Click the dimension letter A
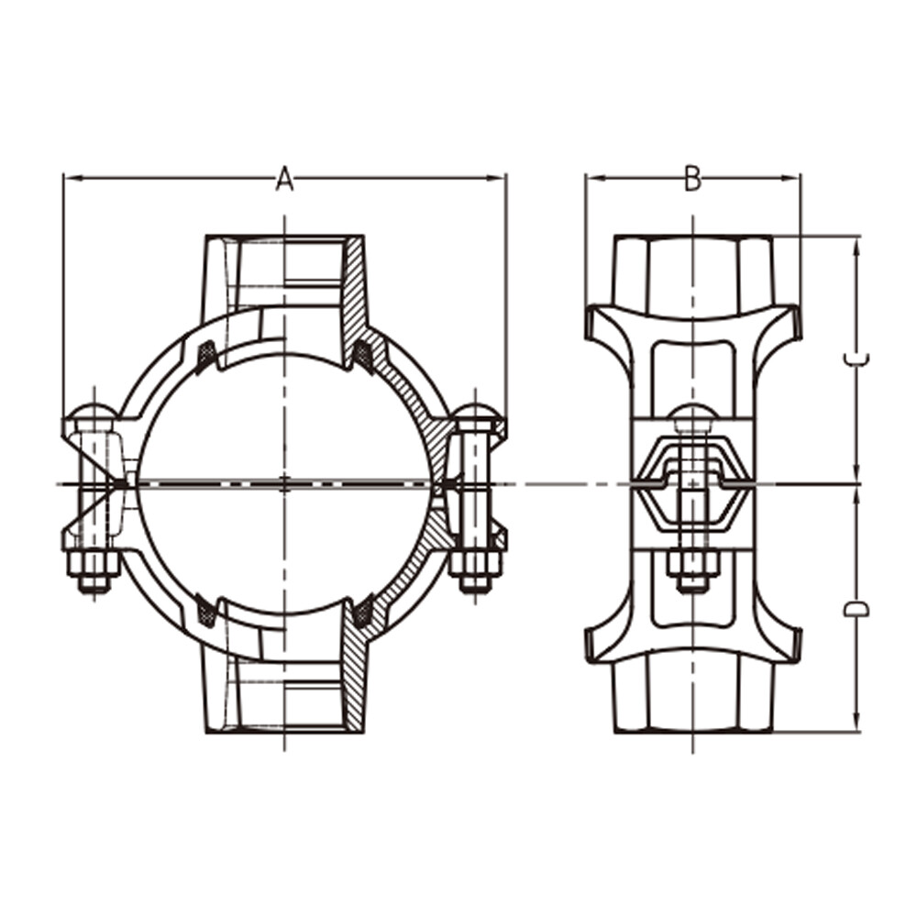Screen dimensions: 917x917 coord(285,179)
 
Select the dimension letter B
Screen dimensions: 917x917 coord(693,179)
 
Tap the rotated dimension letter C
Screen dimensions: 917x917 coord(856,362)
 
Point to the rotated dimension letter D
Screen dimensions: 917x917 coord(856,609)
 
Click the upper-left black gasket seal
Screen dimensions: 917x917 coord(206,355)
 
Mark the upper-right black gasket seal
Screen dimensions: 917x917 coord(363,355)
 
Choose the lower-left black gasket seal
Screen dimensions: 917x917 coord(206,611)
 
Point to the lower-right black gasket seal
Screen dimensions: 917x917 coord(363,611)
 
